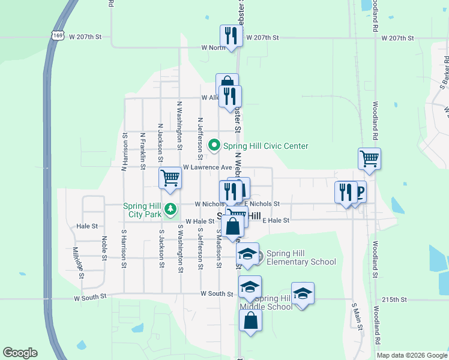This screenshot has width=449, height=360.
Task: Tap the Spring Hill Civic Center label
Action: coord(265,146)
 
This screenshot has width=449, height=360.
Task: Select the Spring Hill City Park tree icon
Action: coord(171,209)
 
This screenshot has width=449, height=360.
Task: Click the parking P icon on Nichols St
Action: coord(360,192)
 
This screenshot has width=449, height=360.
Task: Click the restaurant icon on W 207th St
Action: coord(231,35)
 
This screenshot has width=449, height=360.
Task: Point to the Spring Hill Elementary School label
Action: coord(301,257)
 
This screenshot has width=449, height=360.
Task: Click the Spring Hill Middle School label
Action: coord(274,302)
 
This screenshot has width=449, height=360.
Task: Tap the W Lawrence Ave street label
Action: coord(207,167)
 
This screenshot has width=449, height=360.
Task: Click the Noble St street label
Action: coord(104,248)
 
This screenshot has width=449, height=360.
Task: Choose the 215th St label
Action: coord(395,299)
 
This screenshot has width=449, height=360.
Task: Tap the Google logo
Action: coord(20,353)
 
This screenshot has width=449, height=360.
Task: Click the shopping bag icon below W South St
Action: coord(250,320)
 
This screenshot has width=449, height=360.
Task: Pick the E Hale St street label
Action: coord(276,221)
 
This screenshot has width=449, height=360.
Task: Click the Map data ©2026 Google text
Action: coord(411,355)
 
